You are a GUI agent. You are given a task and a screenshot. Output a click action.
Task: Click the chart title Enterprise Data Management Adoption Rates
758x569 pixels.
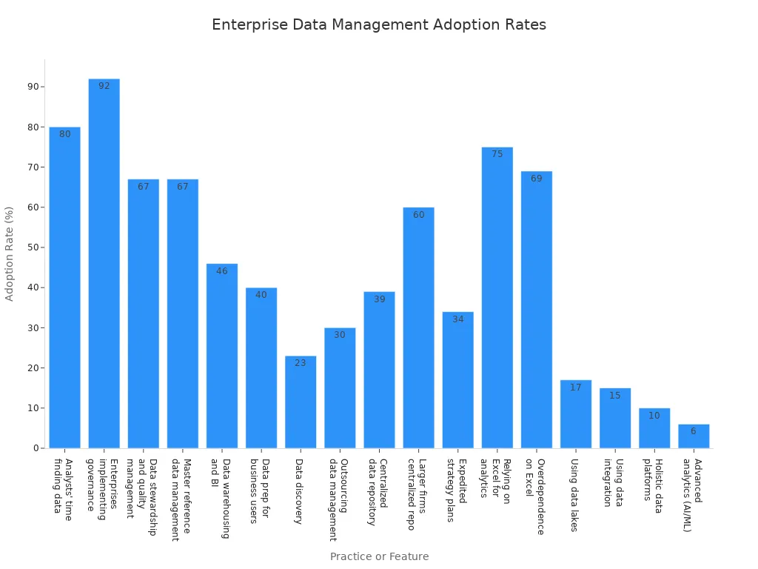tap(379, 25)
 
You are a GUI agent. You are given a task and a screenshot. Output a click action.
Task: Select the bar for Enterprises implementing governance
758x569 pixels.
tap(104, 263)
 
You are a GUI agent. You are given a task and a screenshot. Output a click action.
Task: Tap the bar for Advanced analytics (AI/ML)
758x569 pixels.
tap(694, 436)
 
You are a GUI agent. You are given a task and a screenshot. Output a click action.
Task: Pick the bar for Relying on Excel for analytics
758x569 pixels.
tap(497, 297)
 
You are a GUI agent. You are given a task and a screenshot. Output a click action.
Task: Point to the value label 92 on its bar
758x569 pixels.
tap(104, 86)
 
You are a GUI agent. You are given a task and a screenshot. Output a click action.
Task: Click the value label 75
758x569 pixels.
tap(497, 154)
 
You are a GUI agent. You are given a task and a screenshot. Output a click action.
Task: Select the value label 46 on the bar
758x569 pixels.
tap(222, 271)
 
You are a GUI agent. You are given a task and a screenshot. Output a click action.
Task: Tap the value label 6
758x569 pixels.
tap(694, 431)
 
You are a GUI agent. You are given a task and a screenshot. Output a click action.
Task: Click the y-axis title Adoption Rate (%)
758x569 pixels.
tap(10, 253)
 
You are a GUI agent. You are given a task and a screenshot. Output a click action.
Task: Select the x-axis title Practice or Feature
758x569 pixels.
tap(379, 556)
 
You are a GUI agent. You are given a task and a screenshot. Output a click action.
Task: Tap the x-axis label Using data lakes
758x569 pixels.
tap(574, 495)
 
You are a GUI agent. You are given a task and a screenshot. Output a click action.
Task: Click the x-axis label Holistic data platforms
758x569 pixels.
tap(653, 485)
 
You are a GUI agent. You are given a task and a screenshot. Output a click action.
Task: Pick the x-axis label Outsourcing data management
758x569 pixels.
tap(338, 499)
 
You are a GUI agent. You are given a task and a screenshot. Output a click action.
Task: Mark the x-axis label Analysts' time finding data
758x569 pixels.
tap(63, 489)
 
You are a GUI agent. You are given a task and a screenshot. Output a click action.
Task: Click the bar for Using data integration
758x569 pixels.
tap(615, 418)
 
